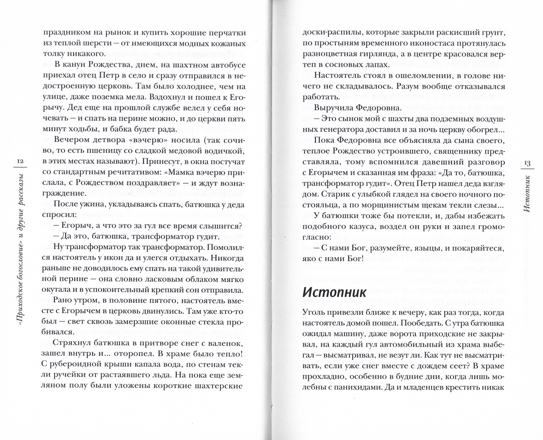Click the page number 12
coord(20,161)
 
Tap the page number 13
coord(526,162)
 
